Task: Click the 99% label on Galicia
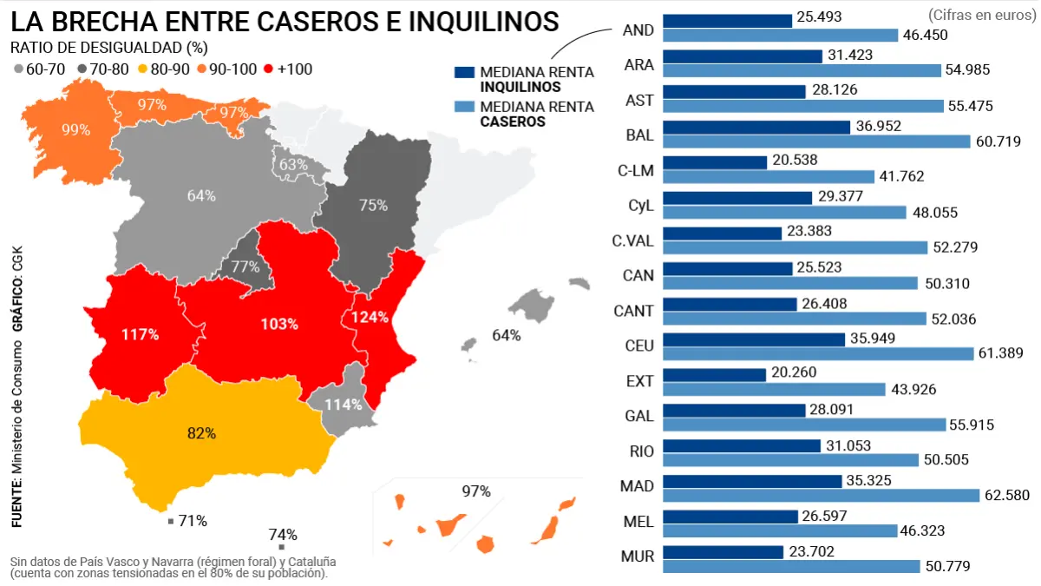76,129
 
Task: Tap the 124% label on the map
370,317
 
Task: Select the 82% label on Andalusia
201,433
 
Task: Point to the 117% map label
140,334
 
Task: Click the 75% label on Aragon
373,205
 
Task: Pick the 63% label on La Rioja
293,164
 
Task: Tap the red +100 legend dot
268,69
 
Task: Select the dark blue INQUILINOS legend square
464,73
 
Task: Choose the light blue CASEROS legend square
464,108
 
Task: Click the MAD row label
637,485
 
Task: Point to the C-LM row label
635,171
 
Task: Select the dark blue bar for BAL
756,127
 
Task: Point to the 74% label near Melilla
283,534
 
